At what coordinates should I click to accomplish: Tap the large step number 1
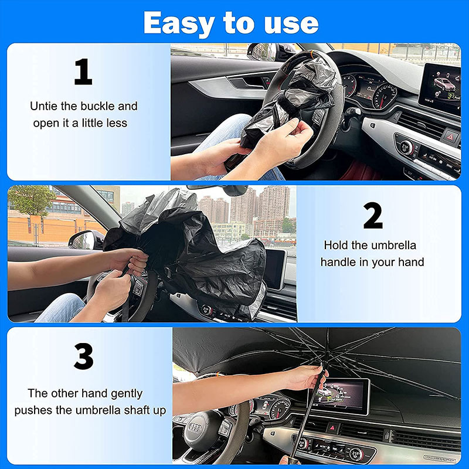coord(83,72)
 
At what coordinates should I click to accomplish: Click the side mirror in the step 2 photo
coord(86,239)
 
